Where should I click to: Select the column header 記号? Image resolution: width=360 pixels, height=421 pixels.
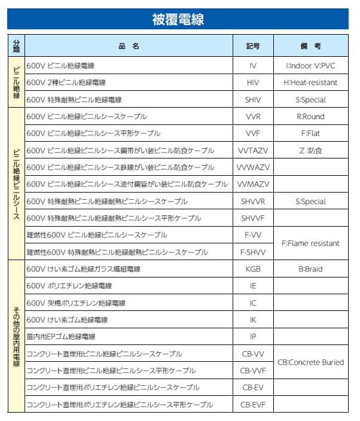pyautogui.click(x=253, y=46)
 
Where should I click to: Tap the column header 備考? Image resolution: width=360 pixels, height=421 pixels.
pyautogui.click(x=310, y=46)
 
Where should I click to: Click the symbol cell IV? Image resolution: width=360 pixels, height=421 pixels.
pyautogui.click(x=253, y=65)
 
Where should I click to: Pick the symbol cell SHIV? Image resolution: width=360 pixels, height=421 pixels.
pyautogui.click(x=253, y=99)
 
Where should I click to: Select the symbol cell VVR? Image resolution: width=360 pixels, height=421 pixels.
pyautogui.click(x=253, y=117)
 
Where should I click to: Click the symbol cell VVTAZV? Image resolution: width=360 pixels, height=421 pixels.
pyautogui.click(x=253, y=151)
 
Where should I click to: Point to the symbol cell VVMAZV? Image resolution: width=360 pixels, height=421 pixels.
pyautogui.click(x=253, y=184)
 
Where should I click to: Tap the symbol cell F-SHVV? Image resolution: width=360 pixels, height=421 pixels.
pyautogui.click(x=253, y=252)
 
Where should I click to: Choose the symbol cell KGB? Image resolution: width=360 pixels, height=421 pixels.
pyautogui.click(x=253, y=269)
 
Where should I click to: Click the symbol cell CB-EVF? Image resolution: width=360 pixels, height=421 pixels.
pyautogui.click(x=253, y=405)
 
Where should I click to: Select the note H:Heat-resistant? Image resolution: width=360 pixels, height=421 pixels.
pyautogui.click(x=310, y=83)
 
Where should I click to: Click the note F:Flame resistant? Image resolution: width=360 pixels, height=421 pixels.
pyautogui.click(x=310, y=243)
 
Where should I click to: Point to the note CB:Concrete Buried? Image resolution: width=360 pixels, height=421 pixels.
pyautogui.click(x=310, y=362)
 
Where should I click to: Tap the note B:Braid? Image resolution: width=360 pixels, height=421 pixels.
pyautogui.click(x=310, y=269)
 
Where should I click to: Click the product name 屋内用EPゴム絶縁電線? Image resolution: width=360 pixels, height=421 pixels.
pyautogui.click(x=61, y=337)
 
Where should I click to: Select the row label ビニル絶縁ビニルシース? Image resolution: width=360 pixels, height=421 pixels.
pyautogui.click(x=16, y=184)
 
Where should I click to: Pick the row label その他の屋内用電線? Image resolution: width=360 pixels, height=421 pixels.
pyautogui.click(x=16, y=337)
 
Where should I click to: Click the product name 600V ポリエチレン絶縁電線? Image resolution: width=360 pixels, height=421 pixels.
pyautogui.click(x=69, y=286)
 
